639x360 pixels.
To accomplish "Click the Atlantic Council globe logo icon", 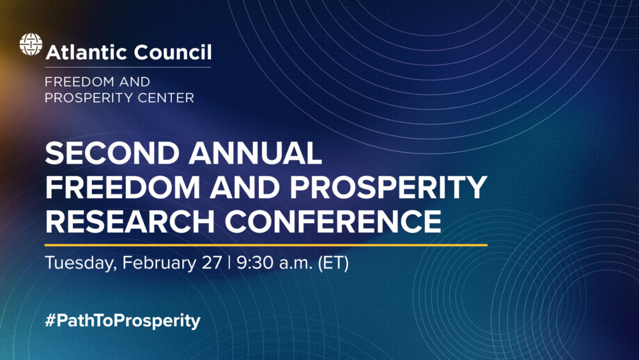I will pyautogui.click(x=31, y=45).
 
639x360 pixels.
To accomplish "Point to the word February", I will pyautogui.click(x=158, y=264).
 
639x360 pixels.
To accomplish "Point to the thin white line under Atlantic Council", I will pyautogui.click(x=128, y=67).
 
